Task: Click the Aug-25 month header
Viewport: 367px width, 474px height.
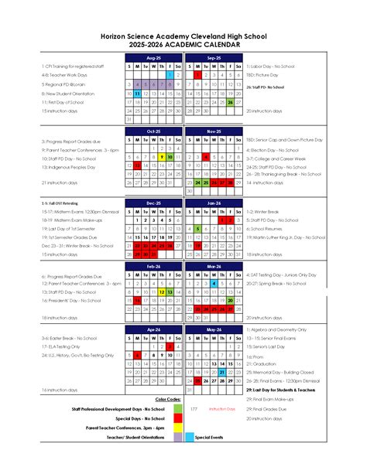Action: click(153, 58)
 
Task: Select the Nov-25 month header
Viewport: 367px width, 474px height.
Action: click(214, 131)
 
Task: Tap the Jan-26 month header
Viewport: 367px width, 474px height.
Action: click(214, 202)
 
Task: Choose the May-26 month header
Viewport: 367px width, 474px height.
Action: click(214, 329)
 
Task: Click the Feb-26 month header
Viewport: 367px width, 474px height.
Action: click(153, 265)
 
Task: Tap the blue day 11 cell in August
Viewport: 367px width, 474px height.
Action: click(136, 93)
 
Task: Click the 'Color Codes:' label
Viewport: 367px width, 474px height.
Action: click(168, 400)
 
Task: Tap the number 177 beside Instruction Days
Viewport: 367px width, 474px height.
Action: click(194, 408)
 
